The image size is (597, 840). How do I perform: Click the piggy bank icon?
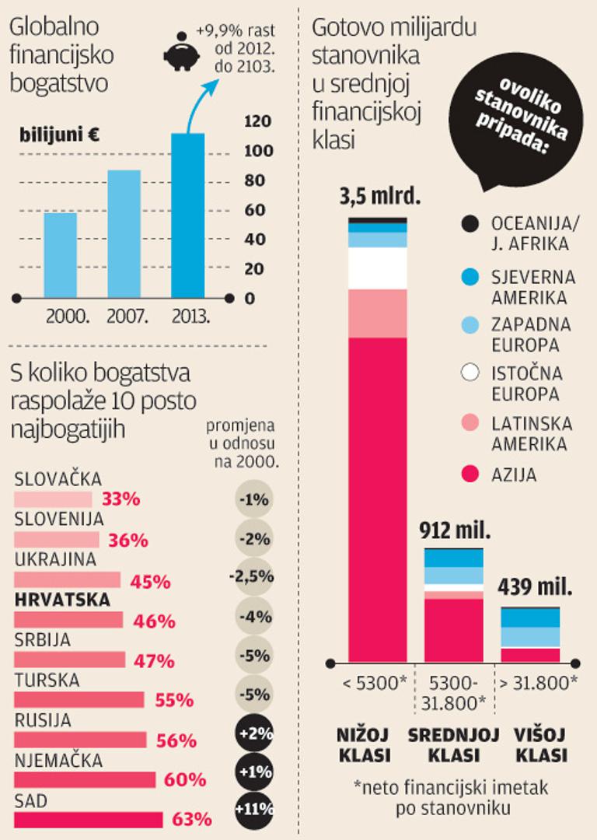click(180, 51)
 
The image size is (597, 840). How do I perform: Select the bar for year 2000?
click(60, 254)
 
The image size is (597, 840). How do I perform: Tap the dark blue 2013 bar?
click(187, 215)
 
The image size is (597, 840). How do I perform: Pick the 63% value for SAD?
click(193, 819)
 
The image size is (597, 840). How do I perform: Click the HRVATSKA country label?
click(62, 600)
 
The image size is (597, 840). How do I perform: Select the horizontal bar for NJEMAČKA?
click(85, 779)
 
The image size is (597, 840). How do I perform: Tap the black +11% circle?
click(253, 808)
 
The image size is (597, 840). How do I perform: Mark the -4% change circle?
click(253, 617)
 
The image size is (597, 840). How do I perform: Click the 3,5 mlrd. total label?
click(379, 196)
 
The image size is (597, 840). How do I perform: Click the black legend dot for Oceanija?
click(470, 224)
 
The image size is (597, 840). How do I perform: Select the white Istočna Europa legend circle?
click(470, 373)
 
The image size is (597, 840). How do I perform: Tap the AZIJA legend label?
click(514, 474)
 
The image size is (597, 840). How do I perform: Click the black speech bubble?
click(516, 124)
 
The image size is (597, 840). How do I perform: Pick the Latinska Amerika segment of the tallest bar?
click(378, 313)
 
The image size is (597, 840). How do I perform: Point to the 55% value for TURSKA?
click(174, 700)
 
